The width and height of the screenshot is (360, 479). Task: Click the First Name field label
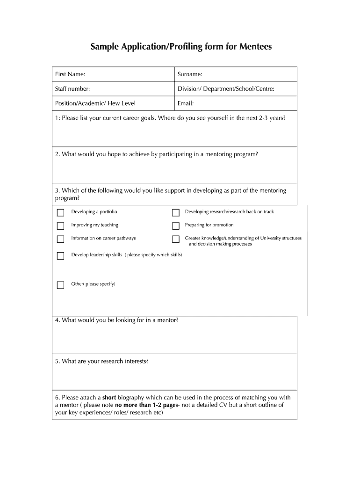(x=70, y=74)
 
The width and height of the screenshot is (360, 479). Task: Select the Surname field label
(x=190, y=74)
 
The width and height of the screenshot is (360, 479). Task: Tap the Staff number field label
(x=72, y=89)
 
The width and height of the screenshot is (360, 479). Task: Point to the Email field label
(x=186, y=103)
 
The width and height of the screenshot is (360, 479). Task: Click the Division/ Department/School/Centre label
(x=226, y=89)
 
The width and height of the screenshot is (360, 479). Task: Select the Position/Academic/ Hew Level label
(x=95, y=103)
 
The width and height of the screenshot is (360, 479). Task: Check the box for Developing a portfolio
(x=60, y=213)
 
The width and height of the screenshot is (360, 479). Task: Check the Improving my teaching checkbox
(x=60, y=226)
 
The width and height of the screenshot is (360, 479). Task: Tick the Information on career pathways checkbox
(x=60, y=239)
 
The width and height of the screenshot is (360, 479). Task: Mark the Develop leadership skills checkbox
(x=60, y=256)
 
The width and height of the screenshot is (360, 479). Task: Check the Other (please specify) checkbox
(x=60, y=285)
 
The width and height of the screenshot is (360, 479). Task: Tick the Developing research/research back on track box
(x=176, y=213)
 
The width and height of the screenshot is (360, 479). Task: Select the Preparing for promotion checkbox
(x=176, y=226)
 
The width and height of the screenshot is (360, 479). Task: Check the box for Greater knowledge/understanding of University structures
(x=176, y=239)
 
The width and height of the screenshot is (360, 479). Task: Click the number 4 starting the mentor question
(x=57, y=320)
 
